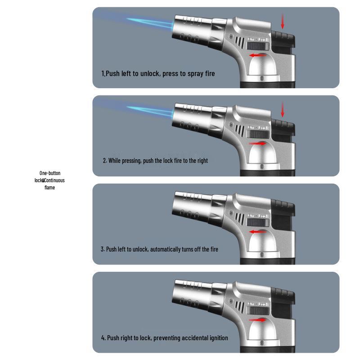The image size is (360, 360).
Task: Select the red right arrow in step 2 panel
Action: (x=257, y=144)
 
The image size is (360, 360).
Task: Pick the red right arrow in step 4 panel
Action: (x=257, y=320)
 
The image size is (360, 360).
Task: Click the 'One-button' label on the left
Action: (x=49, y=173)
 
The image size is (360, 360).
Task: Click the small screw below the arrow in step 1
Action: (x=262, y=78)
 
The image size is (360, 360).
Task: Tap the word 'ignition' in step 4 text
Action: (x=218, y=338)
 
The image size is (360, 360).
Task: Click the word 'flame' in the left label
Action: (x=49, y=188)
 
